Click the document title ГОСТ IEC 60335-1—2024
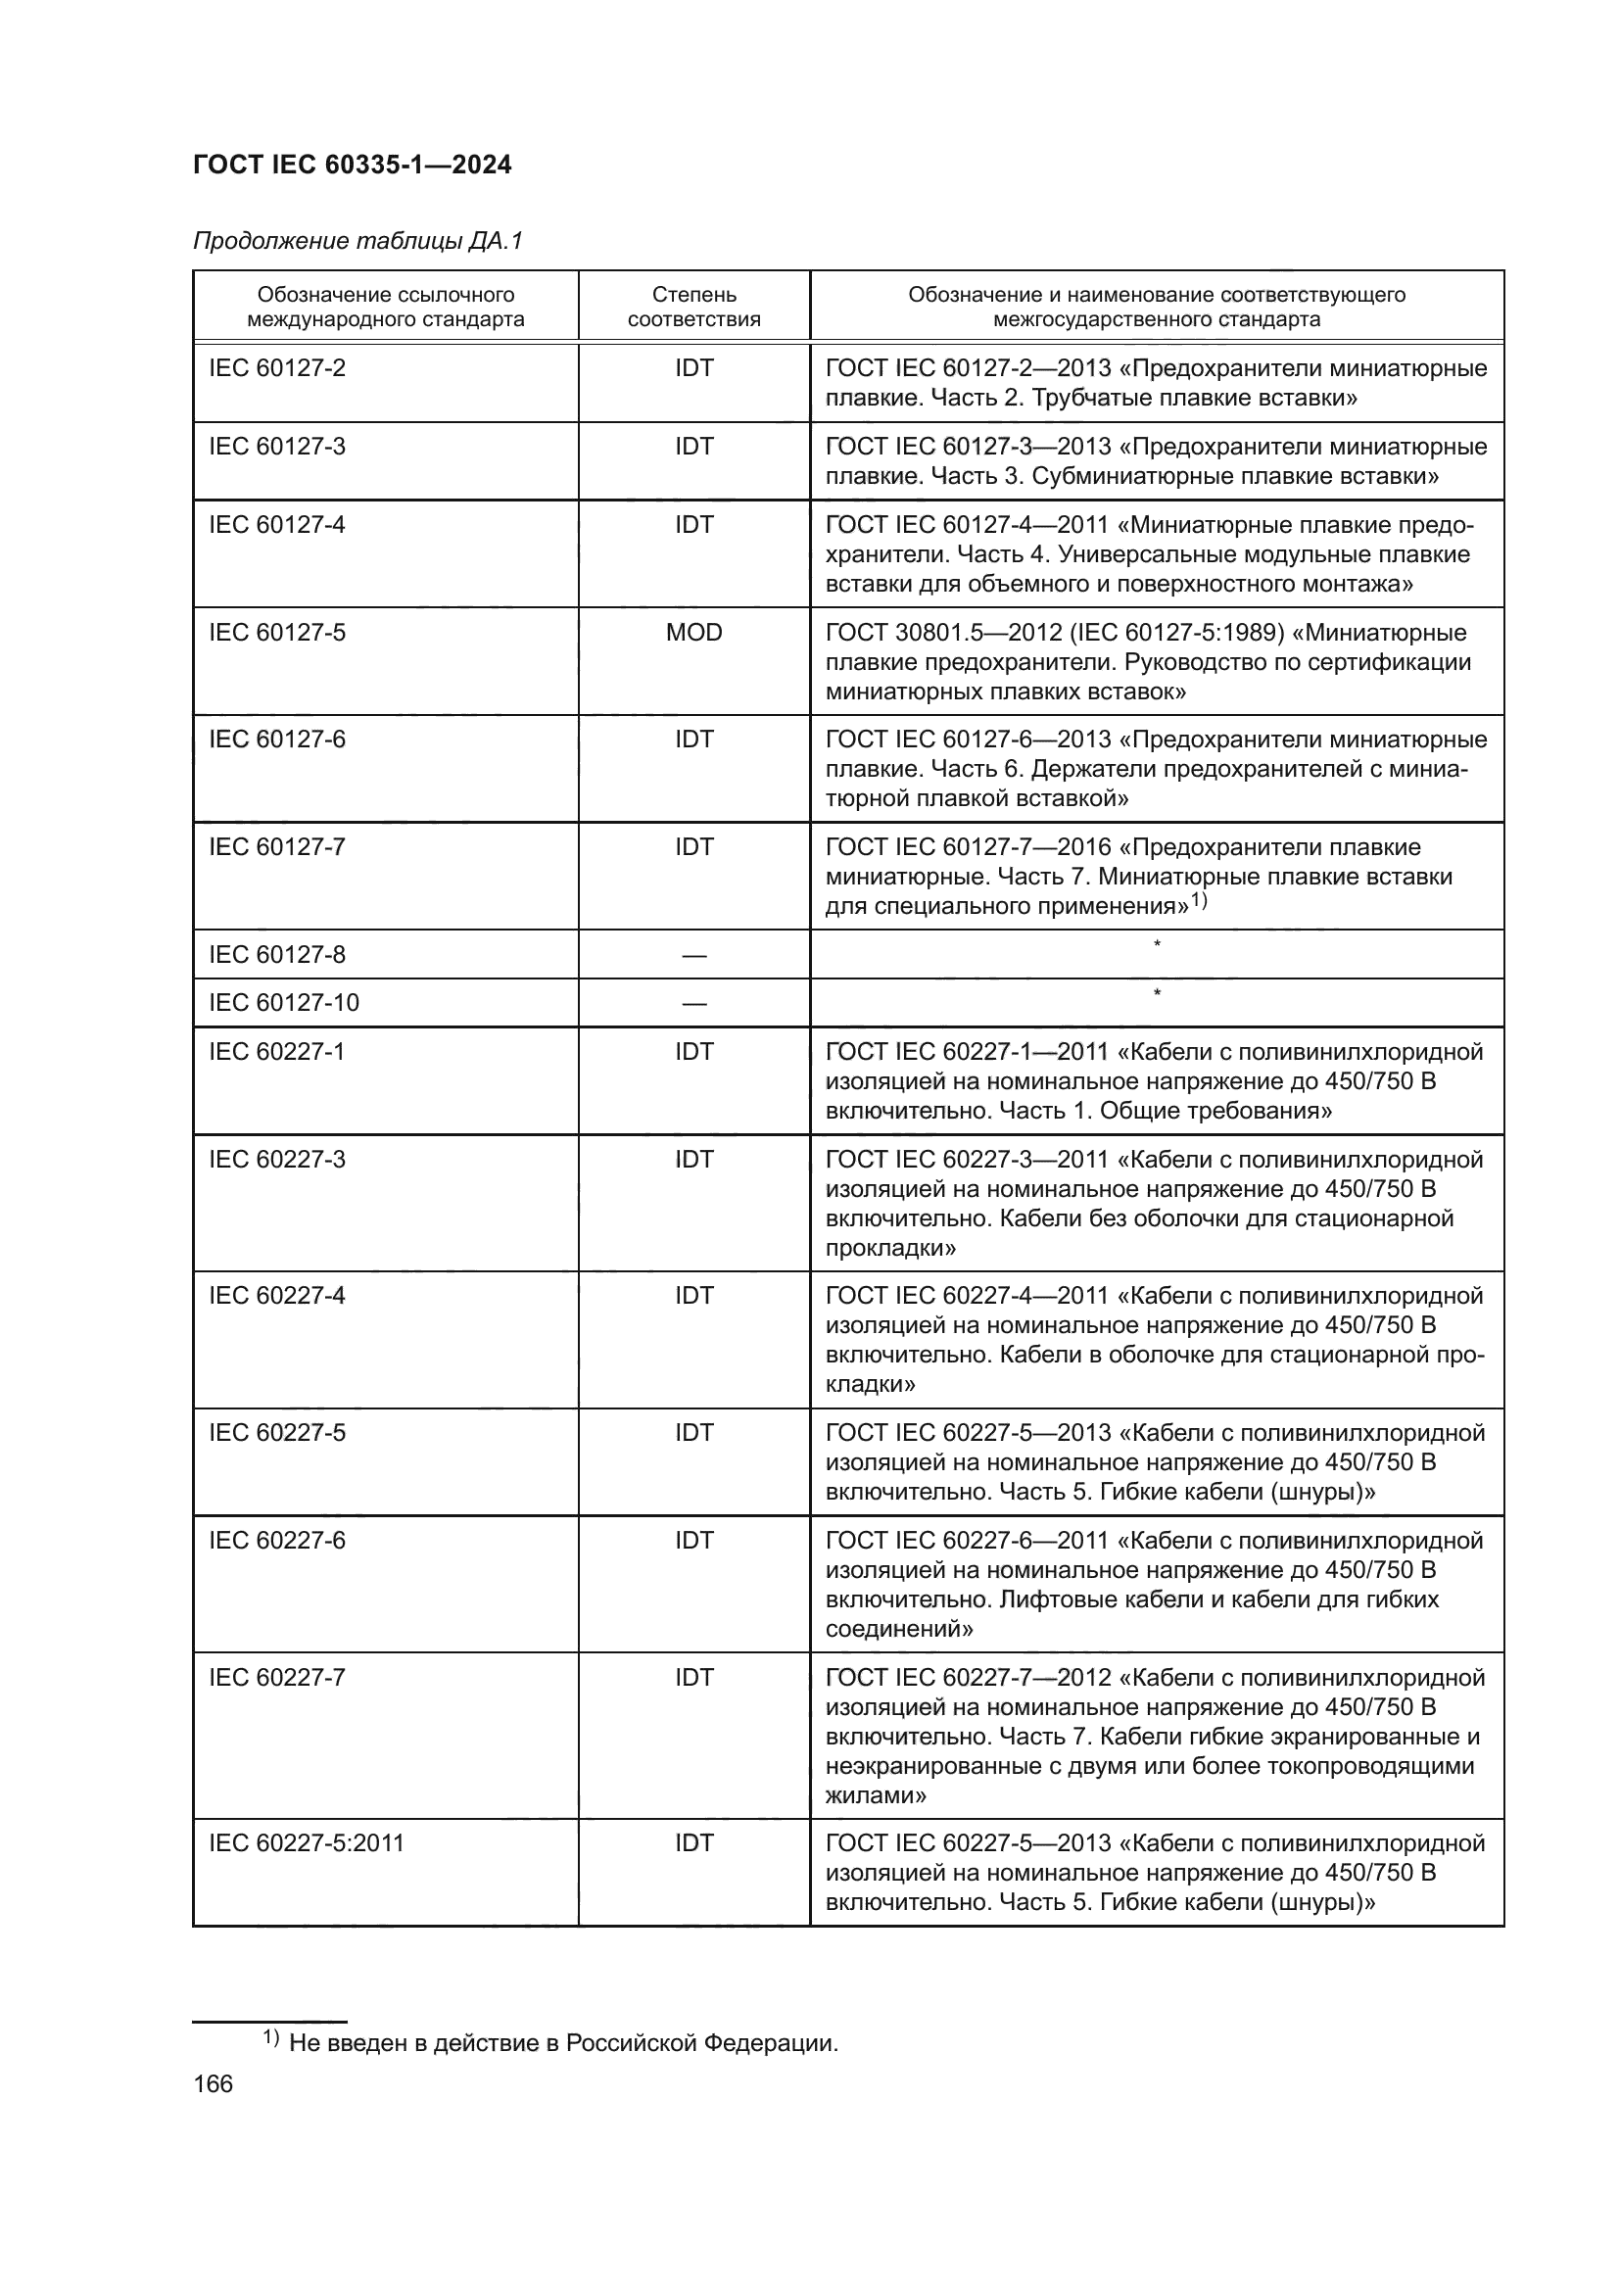353,165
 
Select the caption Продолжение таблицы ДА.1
357,242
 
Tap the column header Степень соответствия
693,307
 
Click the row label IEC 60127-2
276,368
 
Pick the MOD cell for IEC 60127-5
693,633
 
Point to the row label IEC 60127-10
283,1003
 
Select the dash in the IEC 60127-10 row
693,1004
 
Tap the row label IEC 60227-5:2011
307,1843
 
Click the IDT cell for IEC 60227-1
693,1052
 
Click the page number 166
213,2084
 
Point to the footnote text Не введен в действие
562,2042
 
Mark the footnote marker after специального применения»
1198,901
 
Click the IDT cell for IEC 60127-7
693,847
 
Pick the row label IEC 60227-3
276,1160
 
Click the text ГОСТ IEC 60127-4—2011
966,526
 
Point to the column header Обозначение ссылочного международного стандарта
385,307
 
